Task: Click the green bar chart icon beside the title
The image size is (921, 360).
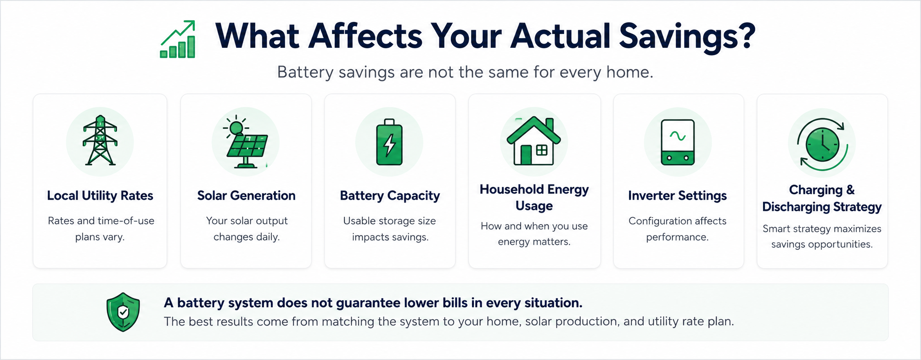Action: (178, 39)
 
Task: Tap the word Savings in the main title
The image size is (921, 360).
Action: (687, 37)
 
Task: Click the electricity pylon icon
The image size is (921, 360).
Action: (100, 141)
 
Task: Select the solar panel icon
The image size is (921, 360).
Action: (246, 142)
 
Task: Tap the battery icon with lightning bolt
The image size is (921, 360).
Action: (389, 142)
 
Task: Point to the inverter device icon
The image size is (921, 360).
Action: (678, 142)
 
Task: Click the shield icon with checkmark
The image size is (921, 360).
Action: (123, 312)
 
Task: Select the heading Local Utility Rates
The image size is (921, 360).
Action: (100, 196)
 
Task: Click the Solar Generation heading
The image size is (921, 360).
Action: (246, 196)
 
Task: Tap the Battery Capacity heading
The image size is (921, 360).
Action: (390, 196)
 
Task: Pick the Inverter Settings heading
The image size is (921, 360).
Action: (678, 196)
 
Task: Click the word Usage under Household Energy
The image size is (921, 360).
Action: (534, 206)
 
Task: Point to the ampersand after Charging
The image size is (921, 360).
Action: (850, 190)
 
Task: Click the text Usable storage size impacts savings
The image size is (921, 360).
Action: (390, 229)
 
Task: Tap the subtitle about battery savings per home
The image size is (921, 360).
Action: (465, 72)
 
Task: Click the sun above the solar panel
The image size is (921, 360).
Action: (236, 128)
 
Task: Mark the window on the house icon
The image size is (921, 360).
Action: (542, 150)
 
